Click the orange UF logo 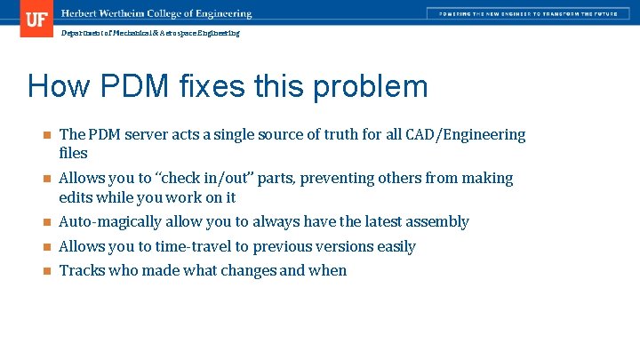click(x=36, y=19)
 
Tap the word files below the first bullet click(x=73, y=154)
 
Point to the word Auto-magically click(x=109, y=222)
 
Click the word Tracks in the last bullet click(x=82, y=271)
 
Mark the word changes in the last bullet click(x=244, y=271)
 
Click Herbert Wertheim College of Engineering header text click(x=156, y=13)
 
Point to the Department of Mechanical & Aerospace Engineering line click(x=150, y=33)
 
